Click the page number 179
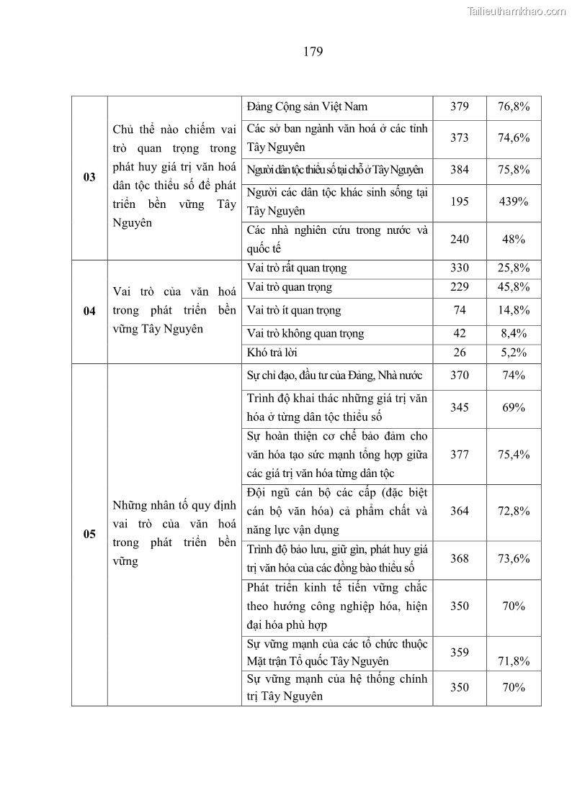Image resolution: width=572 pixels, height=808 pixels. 313,51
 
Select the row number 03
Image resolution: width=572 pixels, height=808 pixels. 89,177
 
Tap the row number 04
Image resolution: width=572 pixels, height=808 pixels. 89,311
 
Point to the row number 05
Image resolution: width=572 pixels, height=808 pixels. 89,534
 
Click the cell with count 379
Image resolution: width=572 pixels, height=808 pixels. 459,106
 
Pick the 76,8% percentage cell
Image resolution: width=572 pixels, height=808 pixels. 514,106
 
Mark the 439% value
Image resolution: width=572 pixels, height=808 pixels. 514,201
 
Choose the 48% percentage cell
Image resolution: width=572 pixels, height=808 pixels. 514,240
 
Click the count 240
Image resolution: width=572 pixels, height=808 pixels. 459,240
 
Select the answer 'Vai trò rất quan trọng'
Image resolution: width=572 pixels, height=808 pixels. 296,268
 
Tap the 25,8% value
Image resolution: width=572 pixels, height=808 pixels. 514,268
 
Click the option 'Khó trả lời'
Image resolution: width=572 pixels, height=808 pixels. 272,353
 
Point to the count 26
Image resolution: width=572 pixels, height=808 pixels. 459,353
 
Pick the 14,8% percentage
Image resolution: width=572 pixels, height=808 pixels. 514,311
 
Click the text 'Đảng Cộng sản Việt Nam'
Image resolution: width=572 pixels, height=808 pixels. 307,106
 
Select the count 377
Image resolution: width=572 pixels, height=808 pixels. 459,455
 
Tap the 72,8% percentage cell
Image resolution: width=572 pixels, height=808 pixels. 514,511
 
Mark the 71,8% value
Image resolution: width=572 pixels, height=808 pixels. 514,661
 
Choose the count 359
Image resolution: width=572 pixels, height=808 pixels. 459,653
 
